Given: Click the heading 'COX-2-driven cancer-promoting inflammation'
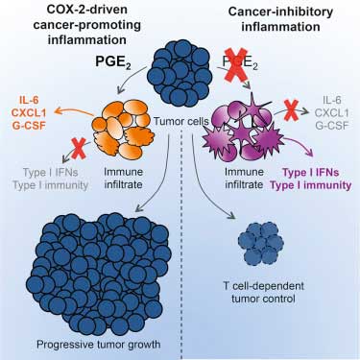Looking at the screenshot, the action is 86,25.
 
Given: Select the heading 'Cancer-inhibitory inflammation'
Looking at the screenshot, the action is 280,19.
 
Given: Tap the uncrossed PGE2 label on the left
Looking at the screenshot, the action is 113,61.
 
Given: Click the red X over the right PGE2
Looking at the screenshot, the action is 236,64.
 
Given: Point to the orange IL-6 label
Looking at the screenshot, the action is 29,100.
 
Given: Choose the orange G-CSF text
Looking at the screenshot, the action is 29,125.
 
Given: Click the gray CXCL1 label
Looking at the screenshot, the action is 331,112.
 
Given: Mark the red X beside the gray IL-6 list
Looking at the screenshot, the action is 291,110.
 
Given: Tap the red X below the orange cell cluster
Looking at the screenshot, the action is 79,148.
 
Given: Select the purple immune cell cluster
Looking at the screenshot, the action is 244,128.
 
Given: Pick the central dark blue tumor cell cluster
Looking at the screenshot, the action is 180,73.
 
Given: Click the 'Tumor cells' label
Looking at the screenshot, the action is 181,121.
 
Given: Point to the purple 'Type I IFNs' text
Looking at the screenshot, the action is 311,173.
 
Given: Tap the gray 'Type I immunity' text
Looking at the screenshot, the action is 50,185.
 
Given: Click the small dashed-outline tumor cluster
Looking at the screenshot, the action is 261,244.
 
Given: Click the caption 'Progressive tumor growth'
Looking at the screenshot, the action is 98,345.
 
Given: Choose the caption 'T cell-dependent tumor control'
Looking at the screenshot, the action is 263,293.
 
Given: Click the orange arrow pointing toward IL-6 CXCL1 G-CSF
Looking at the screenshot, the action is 74,111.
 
